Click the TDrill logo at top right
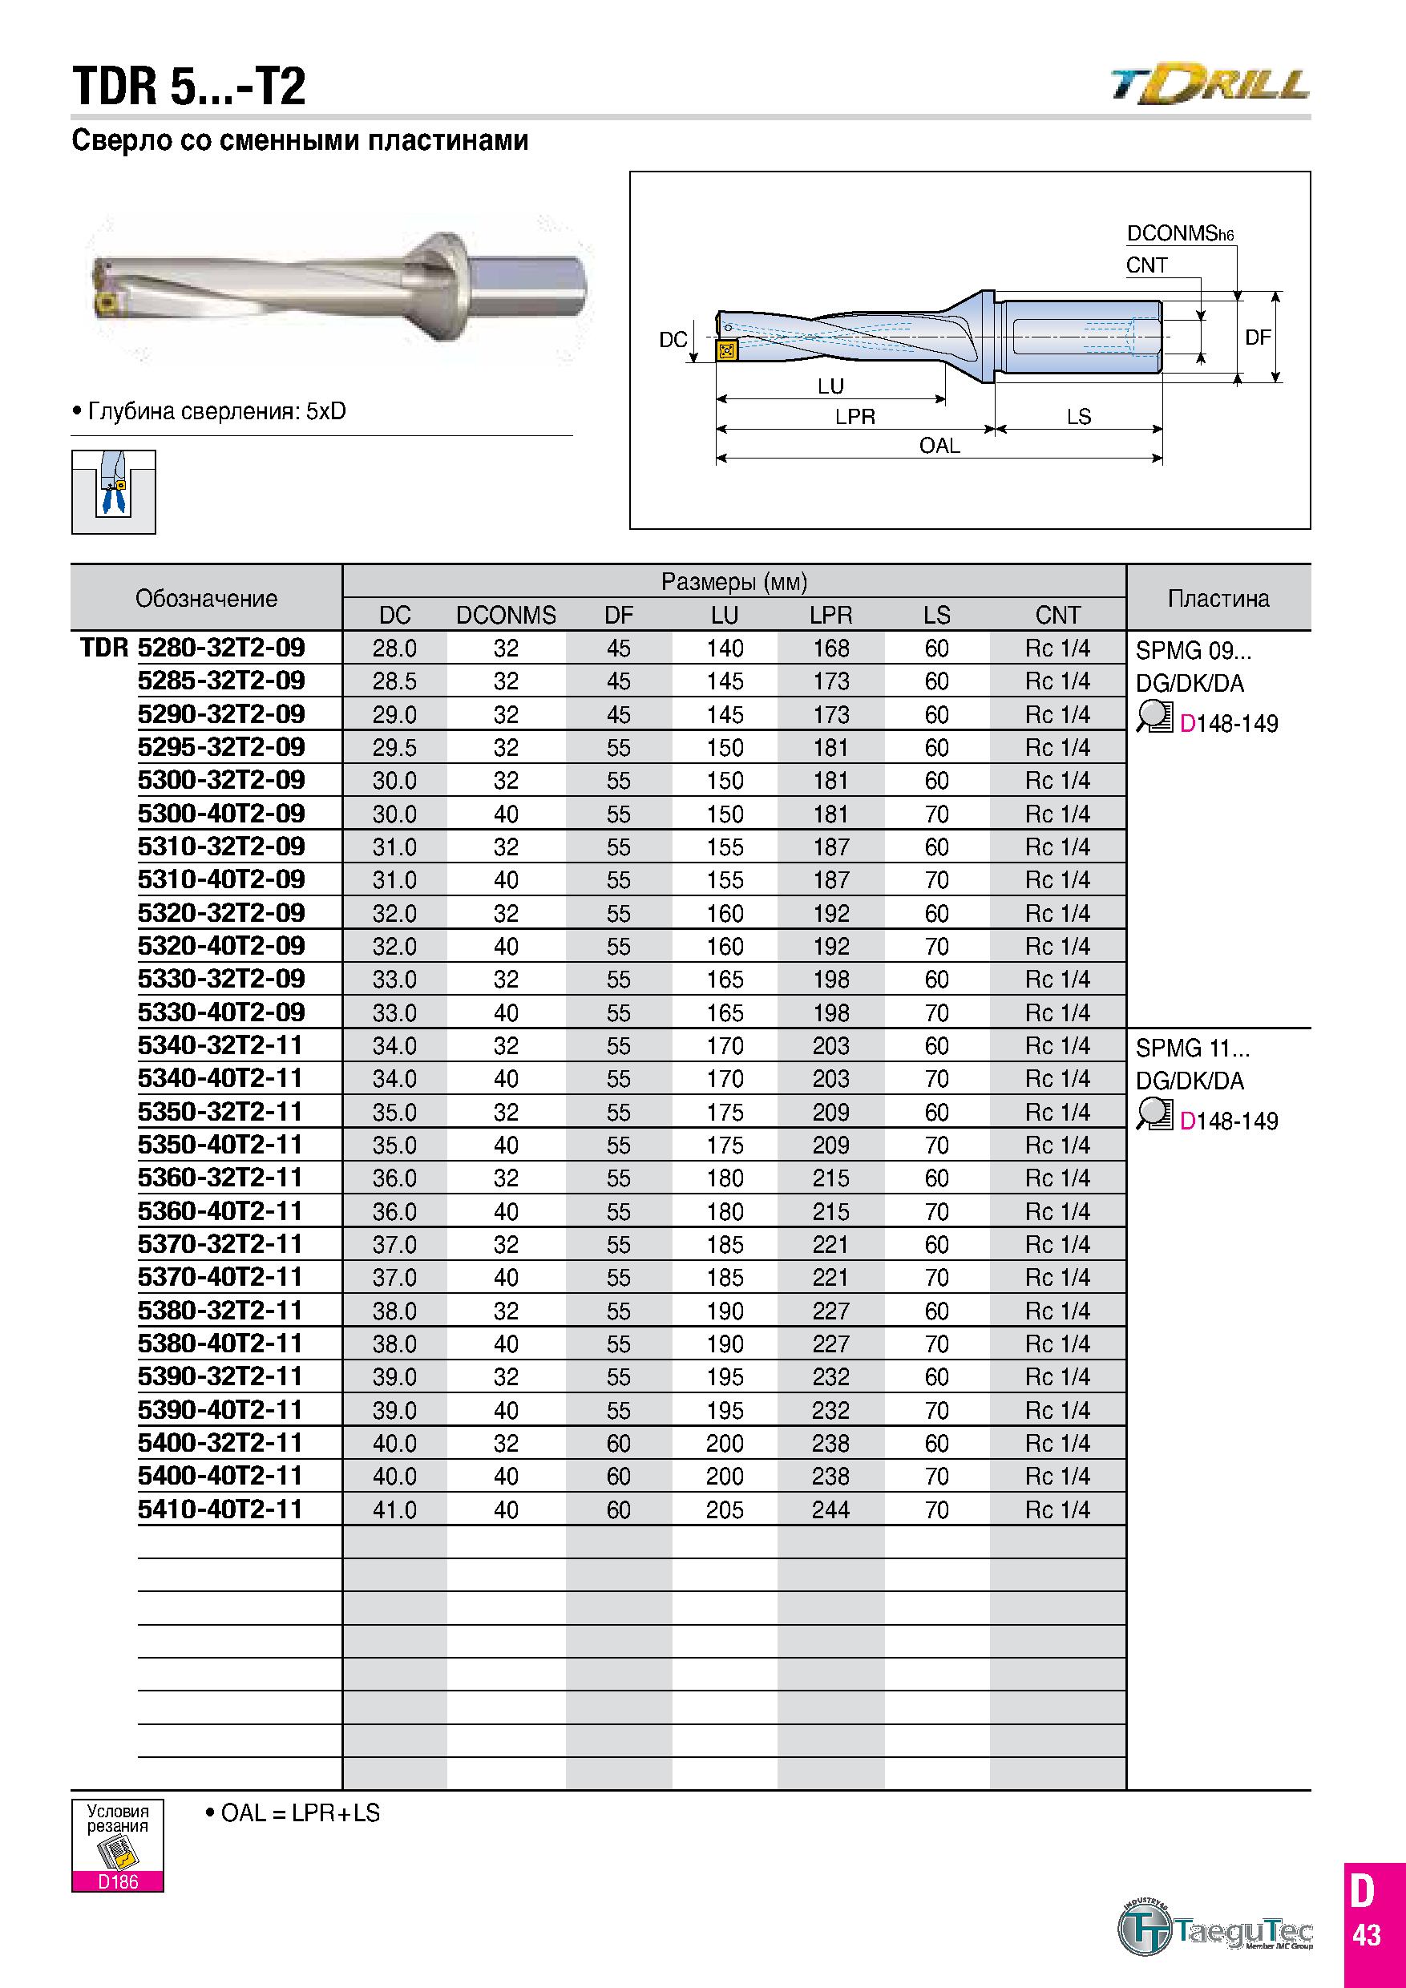1210,85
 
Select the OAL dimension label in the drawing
939,446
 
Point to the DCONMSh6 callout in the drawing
1179,234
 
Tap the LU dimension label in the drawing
830,386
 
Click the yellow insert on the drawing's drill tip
725,350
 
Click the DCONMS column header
506,616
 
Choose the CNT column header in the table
1057,616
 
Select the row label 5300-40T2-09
221,813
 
